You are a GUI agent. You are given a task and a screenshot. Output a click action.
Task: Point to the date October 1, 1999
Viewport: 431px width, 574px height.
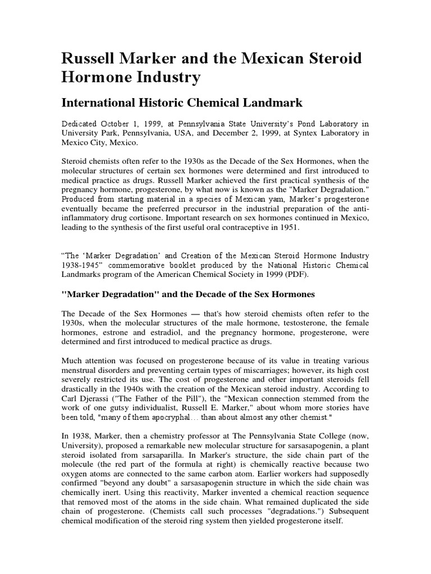(125, 123)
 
